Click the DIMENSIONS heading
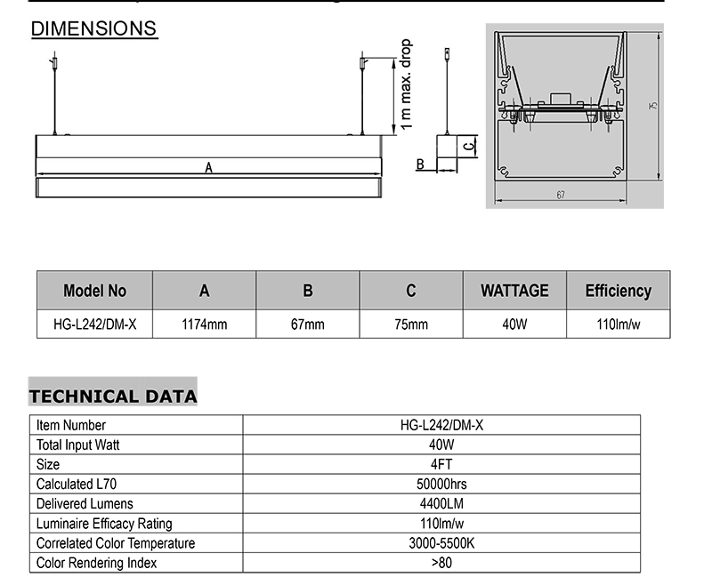pos(94,28)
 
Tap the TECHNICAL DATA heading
pos(113,396)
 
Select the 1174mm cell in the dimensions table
pos(205,325)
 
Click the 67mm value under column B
pos(308,325)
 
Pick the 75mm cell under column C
pos(411,325)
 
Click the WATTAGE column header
pos(515,290)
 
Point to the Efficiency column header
pos(619,291)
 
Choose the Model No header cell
pos(95,290)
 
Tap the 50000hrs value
pos(441,484)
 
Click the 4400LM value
pos(441,503)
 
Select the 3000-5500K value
pos(441,543)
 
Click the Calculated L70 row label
pos(77,484)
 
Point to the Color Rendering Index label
pos(96,563)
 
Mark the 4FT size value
pos(441,464)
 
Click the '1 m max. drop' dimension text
pos(406,84)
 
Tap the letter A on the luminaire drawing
pos(208,168)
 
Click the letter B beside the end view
pos(420,164)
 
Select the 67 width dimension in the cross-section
pos(561,195)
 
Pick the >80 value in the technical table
pos(441,563)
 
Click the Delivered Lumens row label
pos(85,503)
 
